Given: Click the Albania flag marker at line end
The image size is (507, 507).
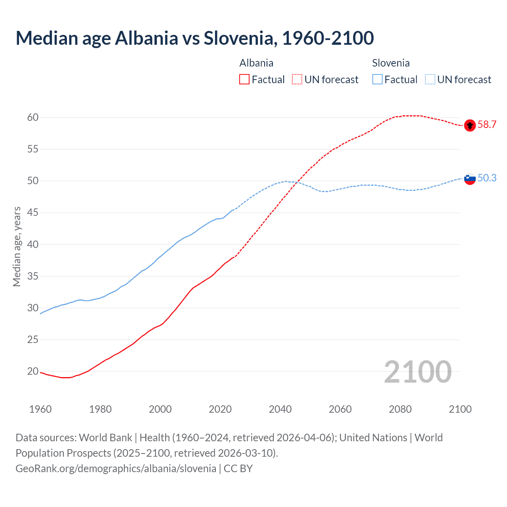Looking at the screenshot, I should tap(470, 125).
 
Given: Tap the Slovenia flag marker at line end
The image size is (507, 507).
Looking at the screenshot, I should tap(470, 179).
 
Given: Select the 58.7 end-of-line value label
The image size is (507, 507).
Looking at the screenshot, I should tap(487, 125).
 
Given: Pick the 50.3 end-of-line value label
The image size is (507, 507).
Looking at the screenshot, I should tap(487, 178).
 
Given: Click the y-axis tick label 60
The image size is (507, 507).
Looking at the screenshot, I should tap(33, 118).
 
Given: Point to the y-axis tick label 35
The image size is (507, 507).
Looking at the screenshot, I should tap(33, 276).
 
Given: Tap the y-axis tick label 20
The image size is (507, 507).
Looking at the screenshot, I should tap(33, 372).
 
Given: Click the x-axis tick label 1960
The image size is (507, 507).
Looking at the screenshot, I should tap(40, 409).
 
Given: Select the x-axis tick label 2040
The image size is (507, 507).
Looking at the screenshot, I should tap(280, 409).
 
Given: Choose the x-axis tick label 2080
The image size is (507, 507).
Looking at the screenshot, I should tap(400, 409).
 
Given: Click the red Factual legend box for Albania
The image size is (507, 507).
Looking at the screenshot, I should tap(244, 80).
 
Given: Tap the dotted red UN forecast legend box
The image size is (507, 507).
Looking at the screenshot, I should tap(297, 80).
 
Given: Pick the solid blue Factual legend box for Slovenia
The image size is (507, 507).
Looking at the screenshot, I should tap(377, 80).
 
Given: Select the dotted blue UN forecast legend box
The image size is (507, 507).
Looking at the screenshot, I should tap(430, 80).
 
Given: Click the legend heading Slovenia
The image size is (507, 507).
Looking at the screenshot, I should tap(391, 63).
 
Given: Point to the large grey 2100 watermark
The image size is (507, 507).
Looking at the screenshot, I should tap(417, 372).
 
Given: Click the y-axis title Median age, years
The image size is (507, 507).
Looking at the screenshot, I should tap(17, 246).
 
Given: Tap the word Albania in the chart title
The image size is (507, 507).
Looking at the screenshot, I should tap(147, 38).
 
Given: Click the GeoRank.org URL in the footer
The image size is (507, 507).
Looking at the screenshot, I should tap(116, 469).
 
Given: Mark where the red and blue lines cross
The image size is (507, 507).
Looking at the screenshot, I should tap(296, 182).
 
